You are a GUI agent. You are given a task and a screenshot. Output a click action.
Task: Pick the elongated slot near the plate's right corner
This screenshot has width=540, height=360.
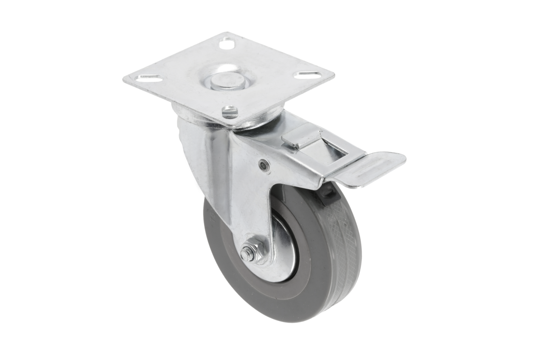(308, 74)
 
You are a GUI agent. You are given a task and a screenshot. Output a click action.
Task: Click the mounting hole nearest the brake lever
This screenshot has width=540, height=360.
(230, 111)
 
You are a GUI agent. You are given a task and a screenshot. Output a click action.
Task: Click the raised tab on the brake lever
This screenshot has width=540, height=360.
(302, 135)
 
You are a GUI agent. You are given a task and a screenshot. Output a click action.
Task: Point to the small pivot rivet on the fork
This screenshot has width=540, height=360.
(264, 166)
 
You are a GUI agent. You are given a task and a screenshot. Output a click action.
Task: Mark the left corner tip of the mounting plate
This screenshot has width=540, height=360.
(125, 81)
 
